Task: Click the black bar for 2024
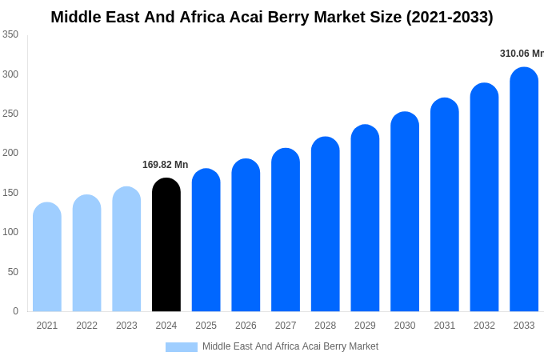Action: point(166,245)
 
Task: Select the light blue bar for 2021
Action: point(47,257)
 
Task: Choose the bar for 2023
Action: point(126,249)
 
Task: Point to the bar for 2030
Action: point(405,212)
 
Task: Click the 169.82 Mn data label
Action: point(166,165)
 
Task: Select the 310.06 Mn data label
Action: point(522,54)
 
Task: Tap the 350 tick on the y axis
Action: point(10,34)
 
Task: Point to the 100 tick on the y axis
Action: point(10,232)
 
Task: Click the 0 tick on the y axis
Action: point(15,311)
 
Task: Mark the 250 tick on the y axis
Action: point(10,114)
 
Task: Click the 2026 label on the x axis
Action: point(246,326)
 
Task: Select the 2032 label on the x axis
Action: point(484,326)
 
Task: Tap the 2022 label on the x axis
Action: point(87,326)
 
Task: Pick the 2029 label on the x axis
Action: point(365,326)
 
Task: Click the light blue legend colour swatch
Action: point(182,347)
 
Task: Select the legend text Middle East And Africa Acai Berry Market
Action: point(290,346)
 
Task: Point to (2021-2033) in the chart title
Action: point(449,17)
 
